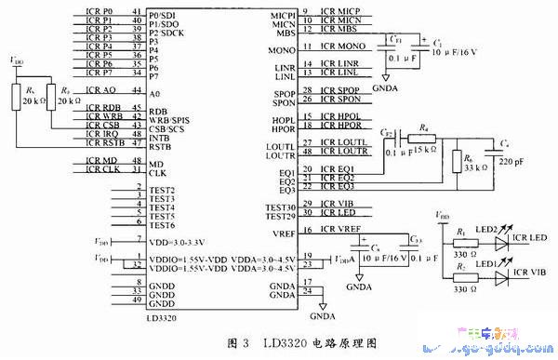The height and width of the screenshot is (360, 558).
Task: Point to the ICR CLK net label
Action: tap(100, 168)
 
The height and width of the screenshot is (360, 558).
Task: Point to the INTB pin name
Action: tap(164, 137)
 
